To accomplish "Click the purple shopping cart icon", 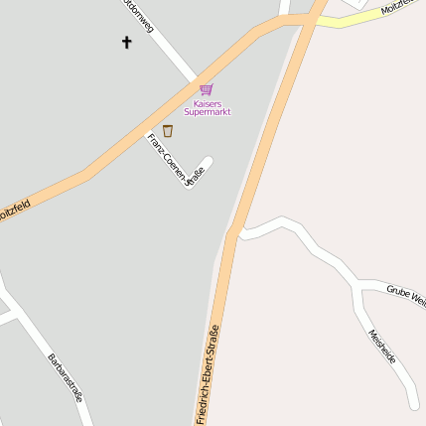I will tap(206, 89).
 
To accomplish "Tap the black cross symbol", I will tap(126, 42).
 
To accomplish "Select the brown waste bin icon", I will tap(168, 130).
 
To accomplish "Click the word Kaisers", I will tap(208, 102).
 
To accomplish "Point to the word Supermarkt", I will tap(208, 112).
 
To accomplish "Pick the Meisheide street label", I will tap(382, 346).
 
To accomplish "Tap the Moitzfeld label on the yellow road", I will tap(402, 8).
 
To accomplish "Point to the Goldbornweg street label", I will tap(134, 14).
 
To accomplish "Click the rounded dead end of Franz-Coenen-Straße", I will tap(206, 161).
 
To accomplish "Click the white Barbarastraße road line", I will tap(35, 333).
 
